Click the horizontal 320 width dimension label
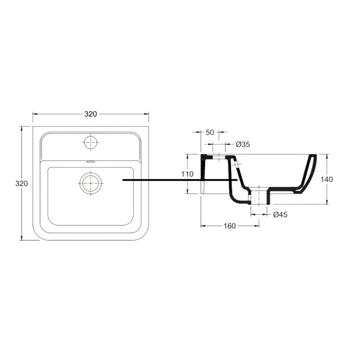pos(90,114)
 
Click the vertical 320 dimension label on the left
pos(21,184)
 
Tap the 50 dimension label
pos(210,132)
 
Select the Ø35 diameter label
pos(243,144)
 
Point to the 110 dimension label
pos(187,174)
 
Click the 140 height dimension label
pos(327,179)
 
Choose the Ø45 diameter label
pos(280,215)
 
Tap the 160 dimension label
pos(229,226)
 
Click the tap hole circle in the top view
pos(91,142)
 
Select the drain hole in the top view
pos(91,183)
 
